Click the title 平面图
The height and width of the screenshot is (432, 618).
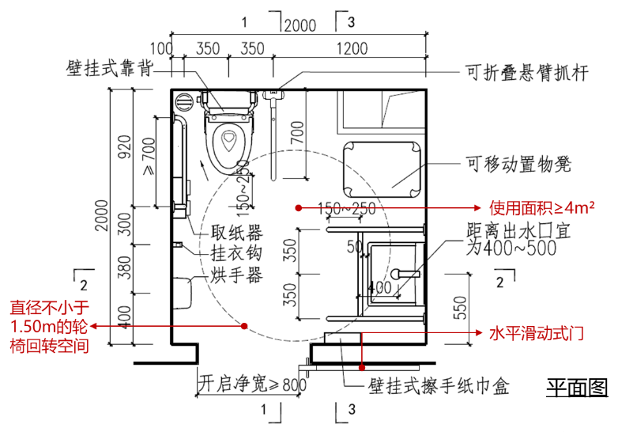tap(576, 387)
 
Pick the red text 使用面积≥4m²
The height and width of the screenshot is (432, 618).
tap(541, 208)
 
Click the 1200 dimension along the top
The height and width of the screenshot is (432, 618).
tap(351, 48)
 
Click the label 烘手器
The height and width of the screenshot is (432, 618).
tap(236, 275)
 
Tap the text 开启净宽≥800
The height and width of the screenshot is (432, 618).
tap(251, 384)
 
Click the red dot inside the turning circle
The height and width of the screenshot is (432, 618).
tap(245, 325)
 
